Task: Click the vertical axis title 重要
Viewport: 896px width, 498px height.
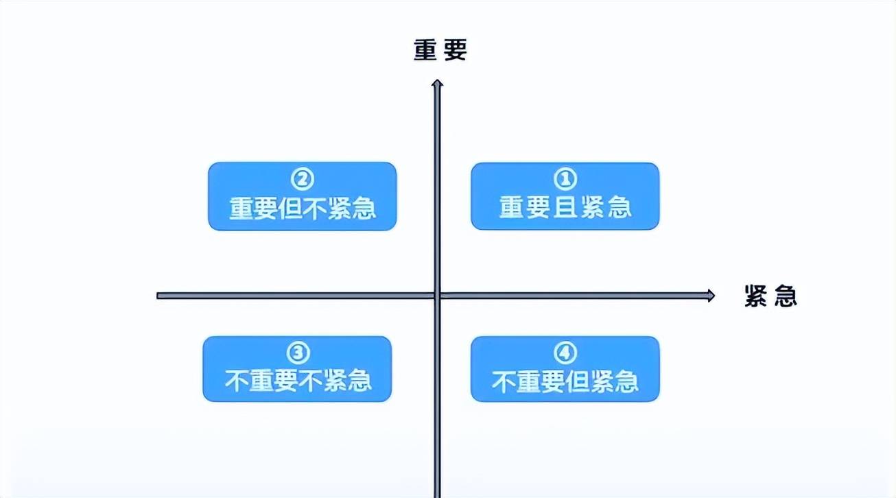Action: [440, 50]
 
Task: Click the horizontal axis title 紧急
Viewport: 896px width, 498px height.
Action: [770, 296]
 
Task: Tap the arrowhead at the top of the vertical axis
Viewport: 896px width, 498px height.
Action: [437, 83]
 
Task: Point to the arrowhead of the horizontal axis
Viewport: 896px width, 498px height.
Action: [711, 296]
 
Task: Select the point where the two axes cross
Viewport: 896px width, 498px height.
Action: [437, 296]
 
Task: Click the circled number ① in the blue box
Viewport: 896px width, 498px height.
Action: [565, 179]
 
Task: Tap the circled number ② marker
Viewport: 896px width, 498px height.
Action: [302, 179]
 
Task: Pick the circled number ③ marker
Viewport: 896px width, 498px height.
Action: [298, 353]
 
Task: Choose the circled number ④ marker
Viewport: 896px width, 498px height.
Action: [565, 353]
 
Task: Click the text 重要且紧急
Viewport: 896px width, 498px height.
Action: [565, 207]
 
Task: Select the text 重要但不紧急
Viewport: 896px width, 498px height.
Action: [303, 208]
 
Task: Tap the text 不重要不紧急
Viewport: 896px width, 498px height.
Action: [298, 381]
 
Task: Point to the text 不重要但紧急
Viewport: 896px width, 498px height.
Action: [565, 381]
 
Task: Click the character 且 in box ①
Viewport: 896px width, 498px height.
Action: [565, 207]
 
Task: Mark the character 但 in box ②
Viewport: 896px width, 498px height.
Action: [290, 208]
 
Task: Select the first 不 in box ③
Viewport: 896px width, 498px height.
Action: [237, 381]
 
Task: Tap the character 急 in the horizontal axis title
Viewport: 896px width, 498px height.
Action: [786, 296]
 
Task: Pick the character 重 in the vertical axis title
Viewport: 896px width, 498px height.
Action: [425, 50]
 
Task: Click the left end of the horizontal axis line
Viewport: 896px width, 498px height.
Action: [157, 296]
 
